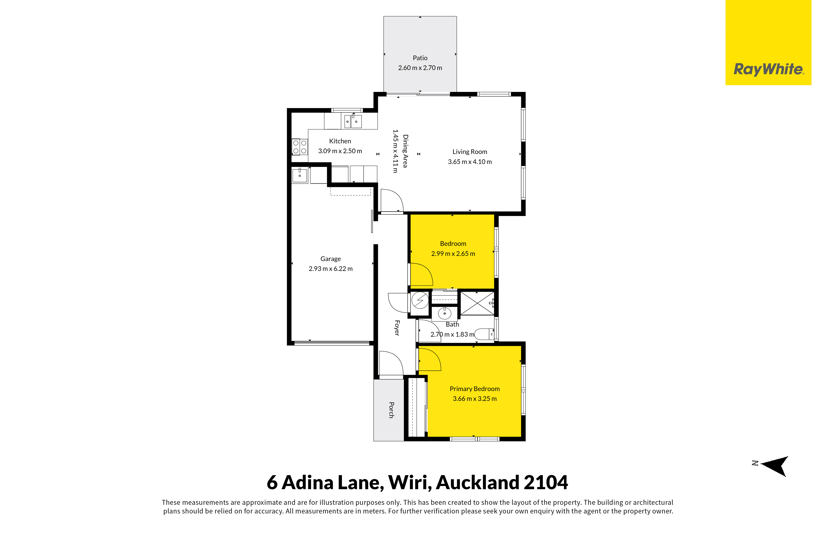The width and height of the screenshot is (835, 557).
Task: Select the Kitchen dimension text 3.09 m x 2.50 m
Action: [340, 151]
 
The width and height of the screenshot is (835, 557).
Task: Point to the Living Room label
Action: [470, 152]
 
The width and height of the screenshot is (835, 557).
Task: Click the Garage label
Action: [330, 259]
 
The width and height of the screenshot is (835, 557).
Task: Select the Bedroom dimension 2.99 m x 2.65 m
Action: [453, 254]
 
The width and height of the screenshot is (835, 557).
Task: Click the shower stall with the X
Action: [477, 303]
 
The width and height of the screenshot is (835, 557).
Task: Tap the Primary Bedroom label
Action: [475, 389]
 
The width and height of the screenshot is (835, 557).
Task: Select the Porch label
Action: [391, 410]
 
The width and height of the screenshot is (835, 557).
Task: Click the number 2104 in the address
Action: [546, 482]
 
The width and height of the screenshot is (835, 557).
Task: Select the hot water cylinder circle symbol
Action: [420, 301]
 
